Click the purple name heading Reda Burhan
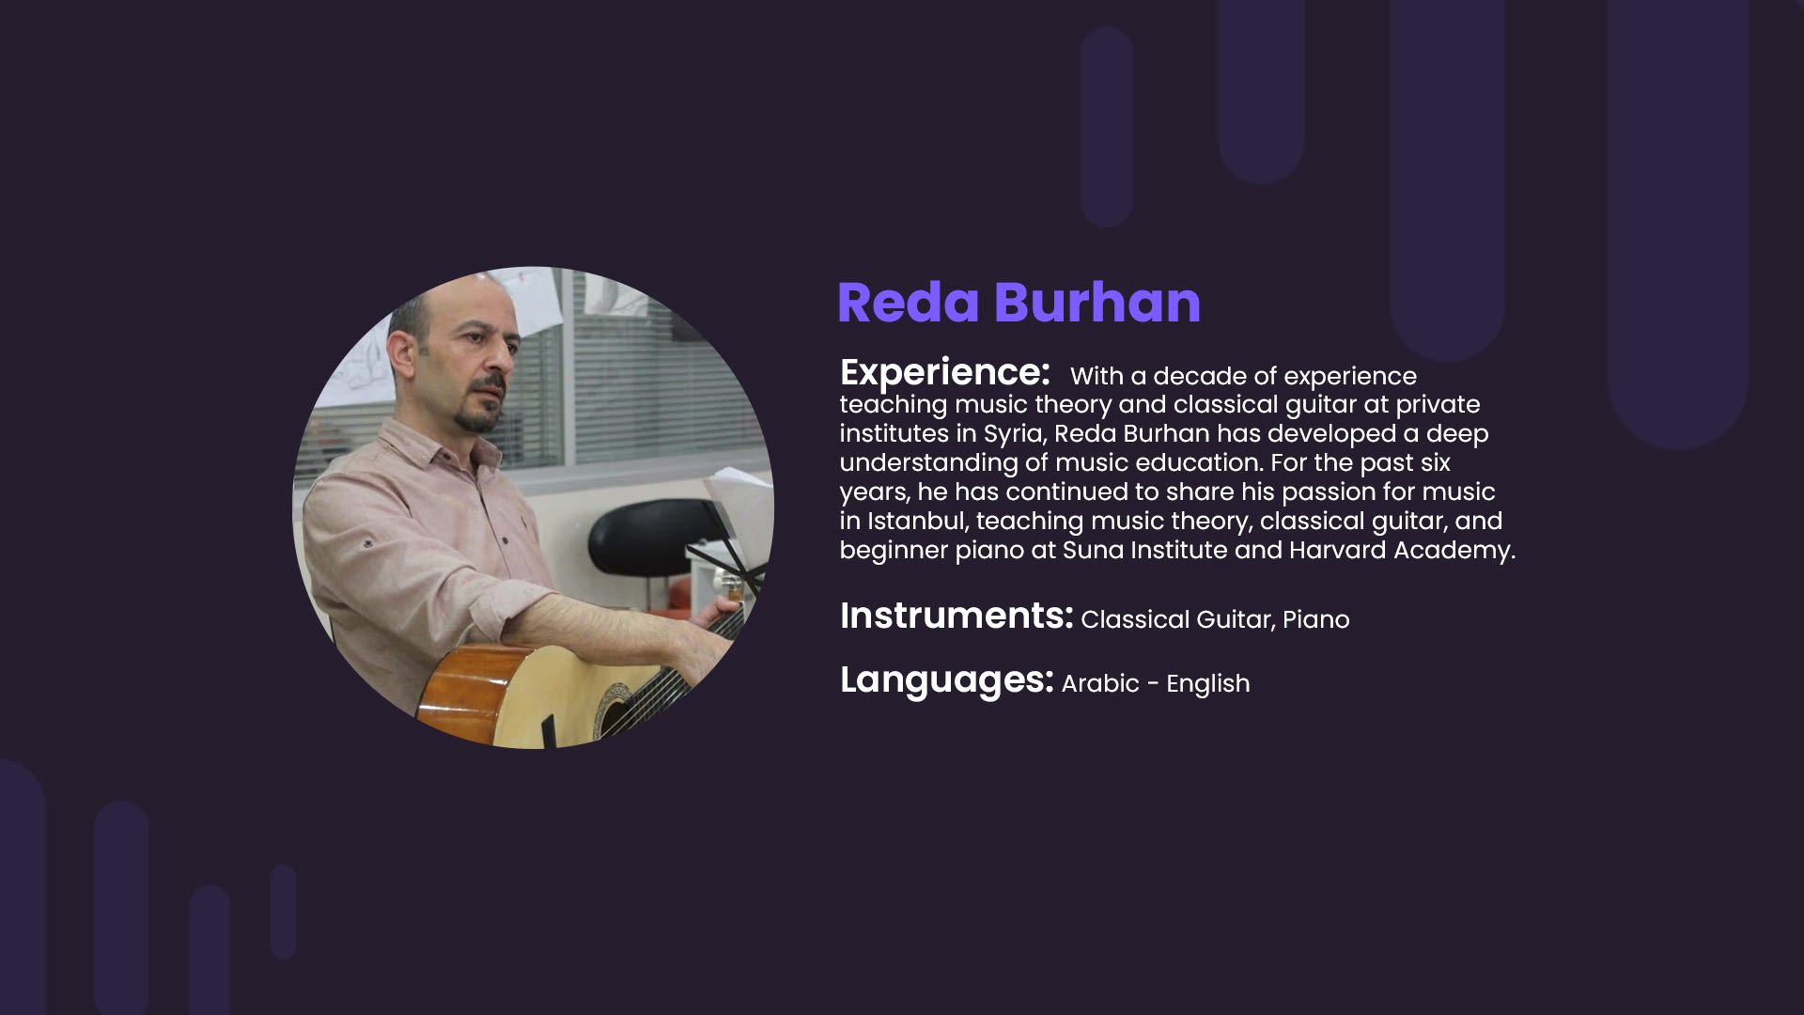[x=1019, y=303]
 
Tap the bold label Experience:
[x=944, y=373]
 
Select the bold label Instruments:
[x=956, y=616]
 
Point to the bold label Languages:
[x=947, y=680]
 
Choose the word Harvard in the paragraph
[x=1337, y=550]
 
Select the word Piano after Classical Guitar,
[x=1316, y=619]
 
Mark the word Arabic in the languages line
[x=1100, y=683]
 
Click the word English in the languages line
[x=1208, y=684]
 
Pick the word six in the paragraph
[x=1433, y=462]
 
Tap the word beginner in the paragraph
[x=894, y=551]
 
